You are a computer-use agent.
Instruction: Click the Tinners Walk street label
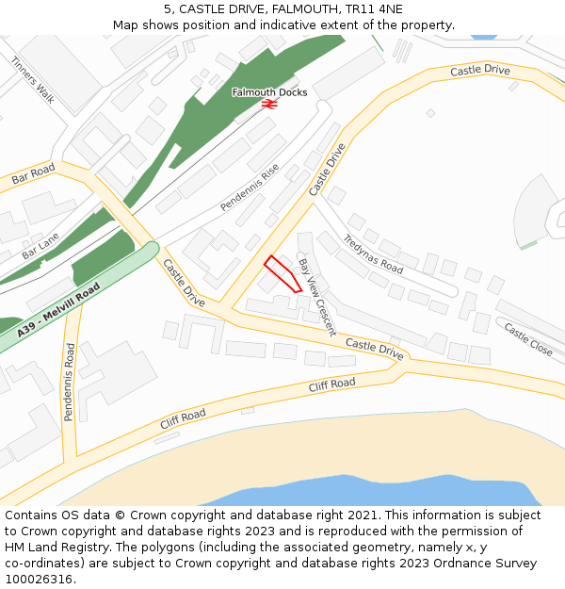point(33,78)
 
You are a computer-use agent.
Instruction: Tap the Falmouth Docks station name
point(269,92)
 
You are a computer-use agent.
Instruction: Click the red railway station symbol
point(269,105)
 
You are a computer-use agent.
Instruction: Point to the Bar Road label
point(34,174)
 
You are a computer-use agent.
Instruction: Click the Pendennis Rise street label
point(250,188)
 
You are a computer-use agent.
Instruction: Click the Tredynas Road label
point(373,254)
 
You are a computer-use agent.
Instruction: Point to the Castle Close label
point(528,339)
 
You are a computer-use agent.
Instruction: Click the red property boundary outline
point(282,274)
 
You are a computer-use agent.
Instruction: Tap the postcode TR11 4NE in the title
point(373,9)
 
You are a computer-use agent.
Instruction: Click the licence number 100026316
point(39,579)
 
